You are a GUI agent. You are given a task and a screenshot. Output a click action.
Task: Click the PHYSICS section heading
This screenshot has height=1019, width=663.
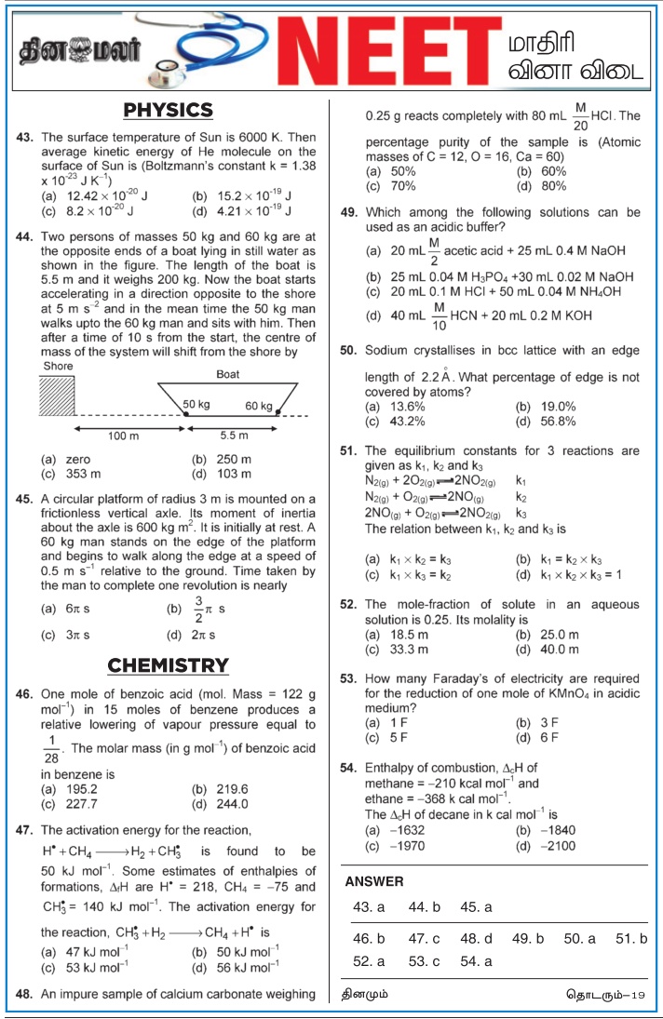[x=169, y=111]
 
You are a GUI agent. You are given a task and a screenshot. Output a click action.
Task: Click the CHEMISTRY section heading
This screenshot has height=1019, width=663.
[x=168, y=665]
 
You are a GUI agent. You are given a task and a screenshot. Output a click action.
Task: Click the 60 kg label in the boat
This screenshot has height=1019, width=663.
[x=260, y=406]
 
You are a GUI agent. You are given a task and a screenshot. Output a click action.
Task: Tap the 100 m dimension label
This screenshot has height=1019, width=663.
[x=119, y=436]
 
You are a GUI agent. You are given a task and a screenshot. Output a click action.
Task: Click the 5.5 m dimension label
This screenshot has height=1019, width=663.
[x=233, y=436]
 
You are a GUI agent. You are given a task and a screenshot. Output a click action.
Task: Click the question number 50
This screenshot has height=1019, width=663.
[x=349, y=352]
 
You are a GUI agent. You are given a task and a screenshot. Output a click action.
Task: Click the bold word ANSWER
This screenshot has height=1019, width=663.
[x=374, y=881]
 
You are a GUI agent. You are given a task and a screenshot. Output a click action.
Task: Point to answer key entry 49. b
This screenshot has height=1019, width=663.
[x=528, y=938]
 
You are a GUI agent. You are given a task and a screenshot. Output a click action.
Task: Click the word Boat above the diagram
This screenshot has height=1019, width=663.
[x=227, y=374]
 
